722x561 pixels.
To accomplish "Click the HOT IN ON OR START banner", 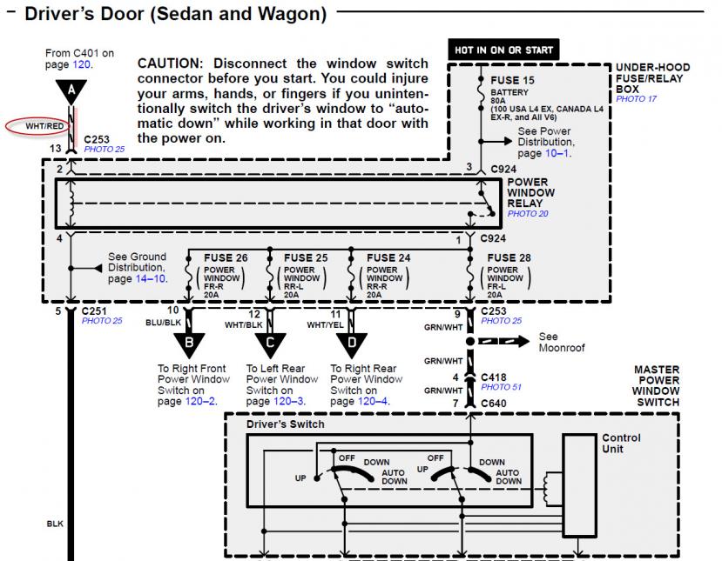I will click(x=503, y=50).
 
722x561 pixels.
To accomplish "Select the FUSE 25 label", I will click(x=305, y=257).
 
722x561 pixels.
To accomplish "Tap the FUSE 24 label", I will click(x=388, y=257).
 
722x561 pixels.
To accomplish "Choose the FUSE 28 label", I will click(x=509, y=257).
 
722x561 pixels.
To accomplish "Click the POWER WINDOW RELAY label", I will click(x=531, y=193).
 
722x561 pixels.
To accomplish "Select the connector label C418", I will click(x=495, y=377).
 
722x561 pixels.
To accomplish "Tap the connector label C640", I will click(x=495, y=403).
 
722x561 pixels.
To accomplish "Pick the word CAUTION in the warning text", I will click(x=170, y=64).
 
